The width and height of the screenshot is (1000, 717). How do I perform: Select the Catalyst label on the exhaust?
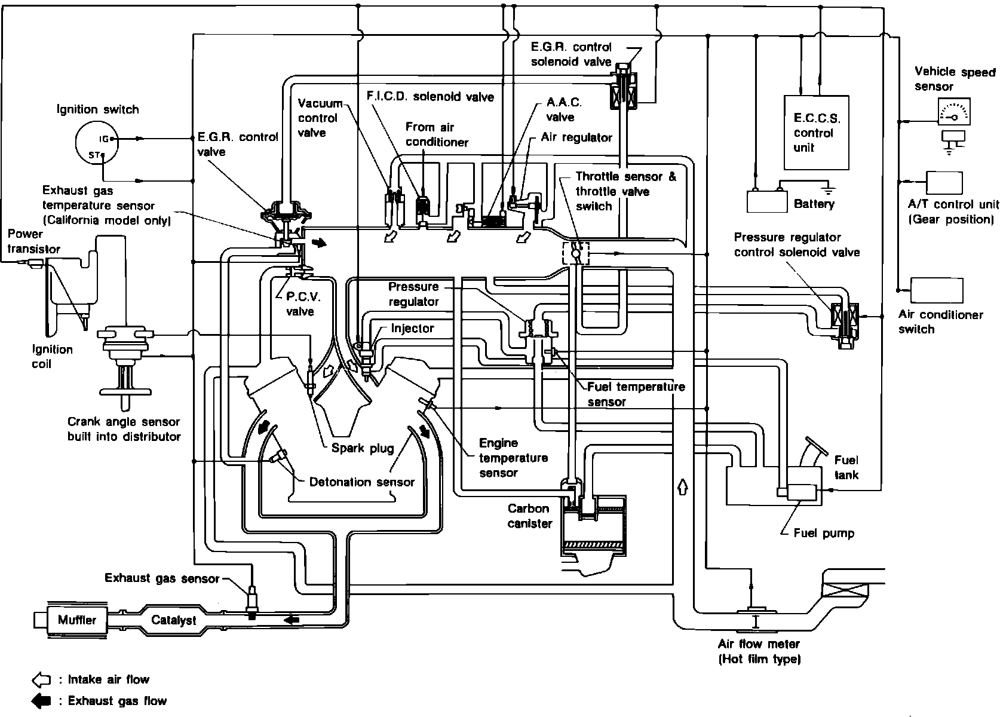[173, 620]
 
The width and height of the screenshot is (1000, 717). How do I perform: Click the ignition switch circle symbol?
[96, 143]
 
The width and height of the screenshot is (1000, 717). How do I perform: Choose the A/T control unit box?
[944, 183]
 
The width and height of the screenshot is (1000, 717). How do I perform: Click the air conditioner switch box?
[937, 291]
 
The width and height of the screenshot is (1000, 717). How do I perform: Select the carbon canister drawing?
[593, 526]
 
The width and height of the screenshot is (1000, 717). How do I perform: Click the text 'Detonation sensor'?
[362, 482]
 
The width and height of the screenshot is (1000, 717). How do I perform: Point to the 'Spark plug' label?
[363, 448]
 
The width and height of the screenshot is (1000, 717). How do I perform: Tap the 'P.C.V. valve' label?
[300, 304]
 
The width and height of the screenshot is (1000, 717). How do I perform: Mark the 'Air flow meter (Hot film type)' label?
[759, 652]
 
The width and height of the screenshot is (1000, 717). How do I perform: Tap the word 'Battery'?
[814, 204]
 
